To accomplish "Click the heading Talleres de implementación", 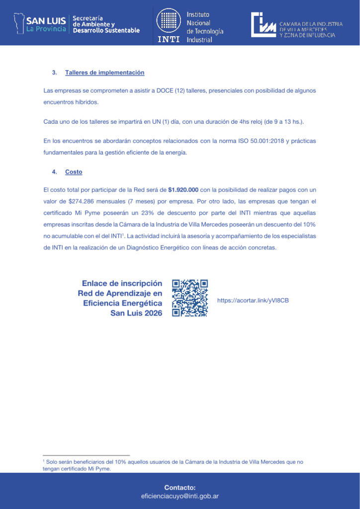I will [104, 73].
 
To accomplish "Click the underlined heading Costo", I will [74, 172].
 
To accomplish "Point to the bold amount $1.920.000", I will [183, 190].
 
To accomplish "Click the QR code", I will [189, 298].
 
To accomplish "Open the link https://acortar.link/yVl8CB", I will [253, 301].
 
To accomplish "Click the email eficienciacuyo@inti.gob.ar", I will [180, 496].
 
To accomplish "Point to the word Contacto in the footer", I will [180, 488].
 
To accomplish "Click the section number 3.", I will [54, 73].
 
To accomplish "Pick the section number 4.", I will [54, 172].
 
